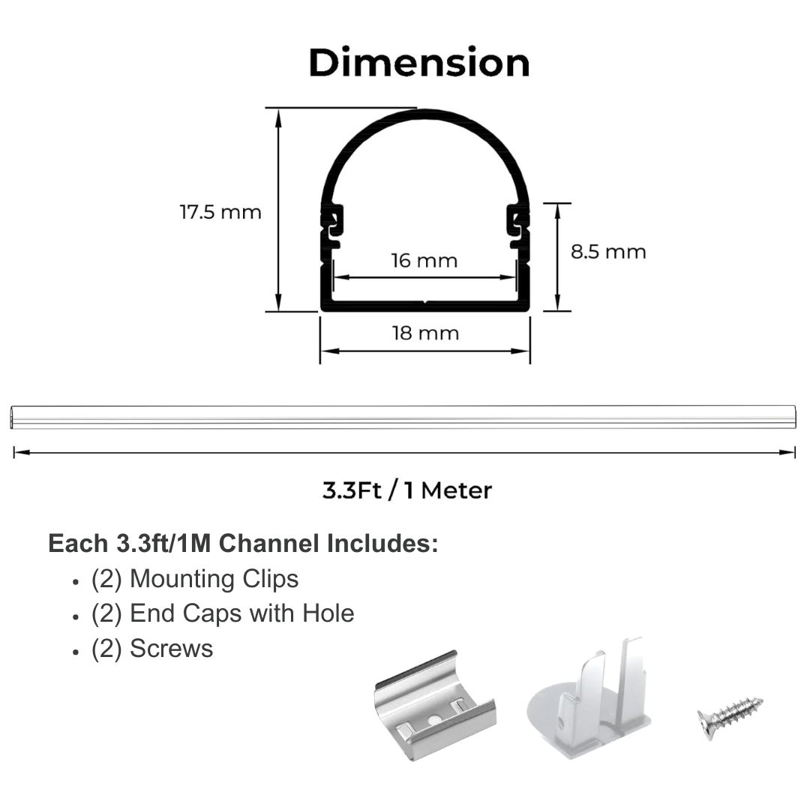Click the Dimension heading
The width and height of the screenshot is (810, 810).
(419, 63)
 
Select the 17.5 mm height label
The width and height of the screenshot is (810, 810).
(220, 212)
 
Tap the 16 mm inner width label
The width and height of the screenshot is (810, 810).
(424, 260)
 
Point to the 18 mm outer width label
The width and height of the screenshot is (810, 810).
(425, 333)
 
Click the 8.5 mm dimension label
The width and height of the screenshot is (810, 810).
(608, 251)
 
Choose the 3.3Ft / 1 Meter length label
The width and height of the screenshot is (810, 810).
(407, 490)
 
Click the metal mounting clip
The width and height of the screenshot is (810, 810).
(435, 706)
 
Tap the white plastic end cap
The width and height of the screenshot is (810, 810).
(589, 697)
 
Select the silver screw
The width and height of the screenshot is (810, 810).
(730, 717)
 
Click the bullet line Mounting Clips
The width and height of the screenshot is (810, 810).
(195, 578)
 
